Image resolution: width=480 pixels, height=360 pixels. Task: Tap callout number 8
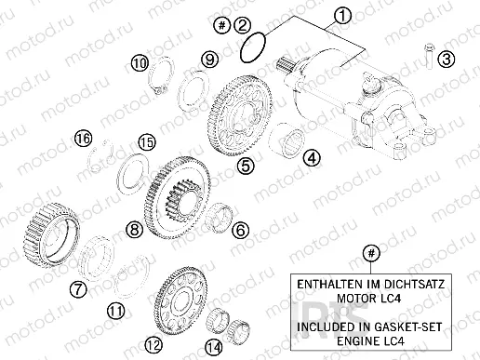click(135, 228)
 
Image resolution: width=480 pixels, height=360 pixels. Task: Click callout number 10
click(139, 63)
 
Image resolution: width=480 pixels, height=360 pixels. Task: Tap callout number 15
click(145, 142)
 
